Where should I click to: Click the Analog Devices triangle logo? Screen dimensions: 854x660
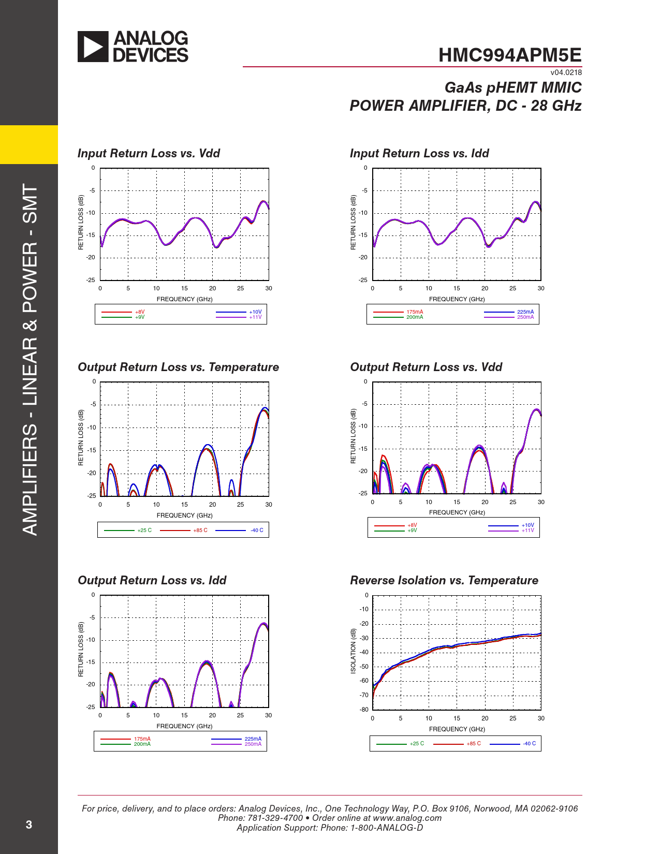coord(93,47)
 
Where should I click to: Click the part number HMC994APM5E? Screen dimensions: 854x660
coord(510,55)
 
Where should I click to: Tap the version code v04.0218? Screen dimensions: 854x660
coord(566,72)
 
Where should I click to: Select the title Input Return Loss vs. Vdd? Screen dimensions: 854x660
coord(149,153)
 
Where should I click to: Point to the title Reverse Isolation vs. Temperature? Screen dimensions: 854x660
coord(444,580)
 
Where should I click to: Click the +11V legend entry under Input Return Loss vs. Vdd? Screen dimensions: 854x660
coord(255,317)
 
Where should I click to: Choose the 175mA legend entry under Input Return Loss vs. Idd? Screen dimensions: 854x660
coord(415,312)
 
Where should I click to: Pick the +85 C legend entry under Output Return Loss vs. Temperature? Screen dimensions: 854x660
coord(200,531)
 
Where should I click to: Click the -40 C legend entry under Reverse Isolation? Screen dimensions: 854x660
coord(529,744)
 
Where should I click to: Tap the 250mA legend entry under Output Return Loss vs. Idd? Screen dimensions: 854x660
coord(253,744)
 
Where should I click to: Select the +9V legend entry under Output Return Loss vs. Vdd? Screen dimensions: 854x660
coord(412,531)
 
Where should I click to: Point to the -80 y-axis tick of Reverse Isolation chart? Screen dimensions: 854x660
coord(364,710)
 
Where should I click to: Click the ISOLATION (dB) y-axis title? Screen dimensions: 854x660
coord(353,651)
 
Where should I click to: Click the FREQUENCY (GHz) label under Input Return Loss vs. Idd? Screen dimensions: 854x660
coord(457,299)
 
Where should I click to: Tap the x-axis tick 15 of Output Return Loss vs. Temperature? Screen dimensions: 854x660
coord(184,505)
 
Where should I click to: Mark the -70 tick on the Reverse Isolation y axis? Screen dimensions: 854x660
coord(364,695)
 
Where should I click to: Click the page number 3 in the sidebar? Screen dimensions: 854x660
coord(29,824)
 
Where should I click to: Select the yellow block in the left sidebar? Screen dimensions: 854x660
coord(29,144)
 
